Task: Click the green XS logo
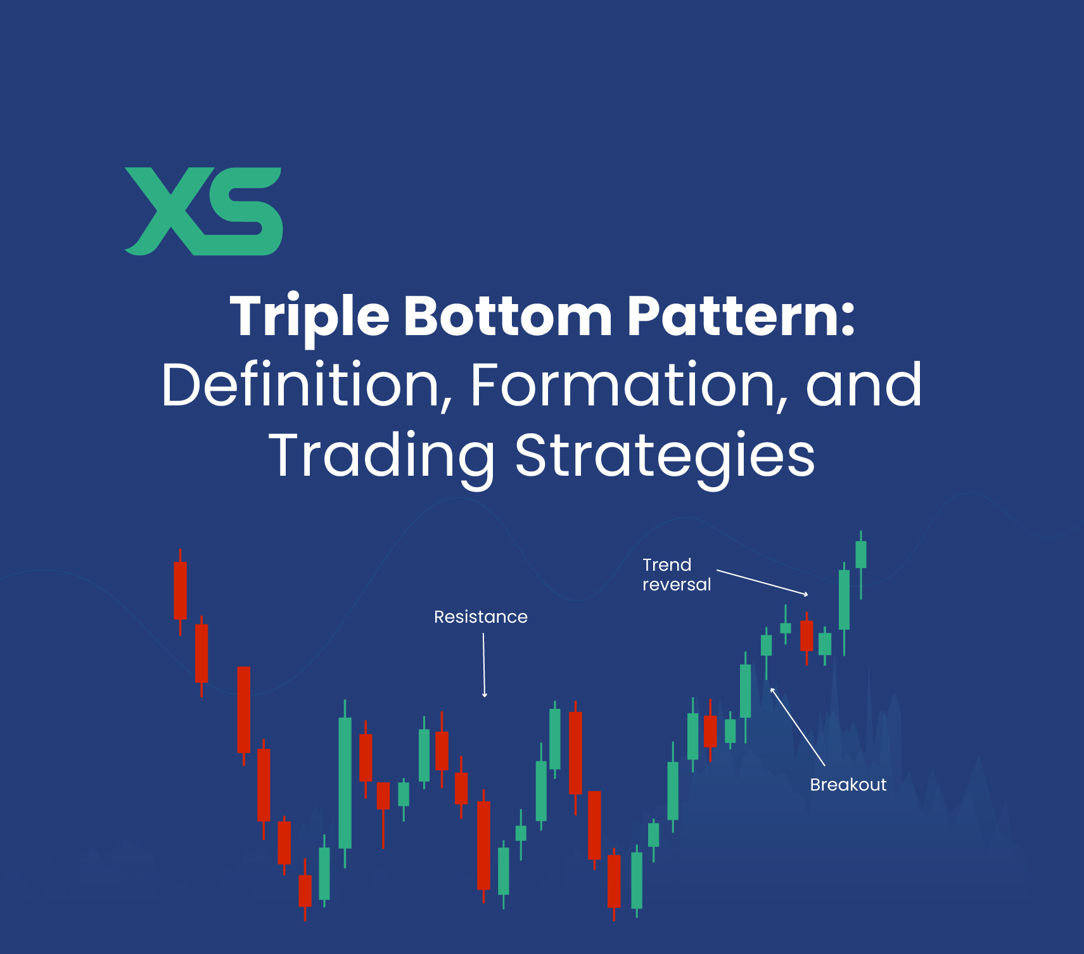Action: (x=203, y=212)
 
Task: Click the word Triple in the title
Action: (x=309, y=316)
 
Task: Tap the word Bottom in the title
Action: (x=507, y=316)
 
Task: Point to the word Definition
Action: (x=302, y=385)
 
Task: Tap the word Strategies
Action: (x=665, y=455)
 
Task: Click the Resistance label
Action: (x=480, y=617)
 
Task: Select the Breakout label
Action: (x=848, y=785)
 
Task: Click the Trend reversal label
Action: (x=676, y=575)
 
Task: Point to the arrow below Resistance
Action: (x=484, y=665)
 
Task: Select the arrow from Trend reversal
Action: (x=762, y=582)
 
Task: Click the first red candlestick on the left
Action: (x=181, y=590)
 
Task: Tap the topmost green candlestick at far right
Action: (x=860, y=555)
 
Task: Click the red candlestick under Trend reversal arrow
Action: (x=807, y=635)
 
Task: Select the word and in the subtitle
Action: (x=863, y=385)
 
